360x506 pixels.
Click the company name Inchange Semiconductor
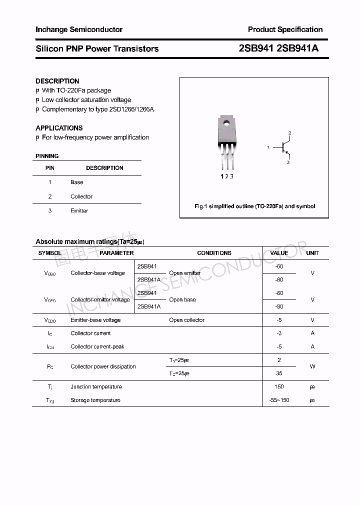tap(78, 29)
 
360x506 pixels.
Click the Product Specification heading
tap(285, 29)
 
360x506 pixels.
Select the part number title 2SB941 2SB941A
tap(278, 48)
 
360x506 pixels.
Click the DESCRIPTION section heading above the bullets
tap(57, 81)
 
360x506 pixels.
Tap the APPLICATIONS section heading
tap(59, 128)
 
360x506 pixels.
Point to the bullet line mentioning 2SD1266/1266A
tap(97, 109)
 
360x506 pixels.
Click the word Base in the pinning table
tap(76, 182)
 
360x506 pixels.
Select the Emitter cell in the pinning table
tap(79, 211)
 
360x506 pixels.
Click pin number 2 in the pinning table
tap(50, 196)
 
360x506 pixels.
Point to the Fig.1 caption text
tap(254, 206)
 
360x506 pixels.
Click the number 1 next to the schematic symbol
tap(268, 147)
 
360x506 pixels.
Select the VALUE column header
tap(279, 253)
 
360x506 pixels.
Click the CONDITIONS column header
tap(214, 253)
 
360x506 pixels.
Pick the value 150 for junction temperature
tap(279, 386)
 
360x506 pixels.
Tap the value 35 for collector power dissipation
tap(279, 373)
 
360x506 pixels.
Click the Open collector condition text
tap(186, 320)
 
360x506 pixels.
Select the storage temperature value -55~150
tap(279, 400)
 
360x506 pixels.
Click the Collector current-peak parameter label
tap(97, 346)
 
